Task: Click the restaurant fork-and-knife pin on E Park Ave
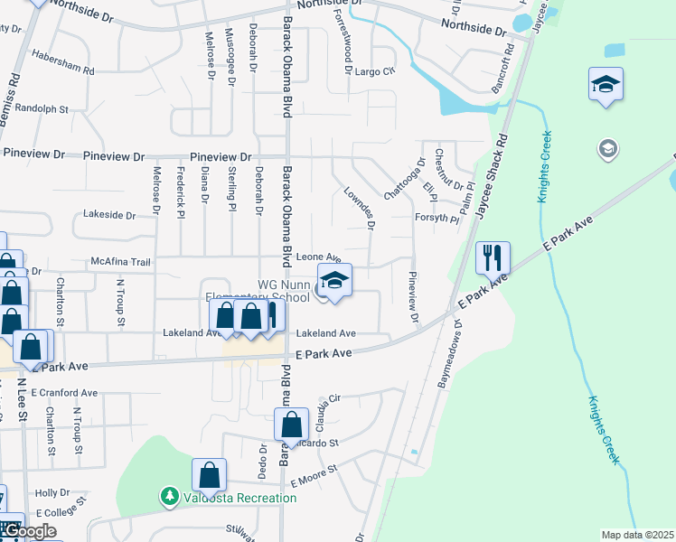coord(493,257)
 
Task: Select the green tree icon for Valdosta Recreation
coord(168,497)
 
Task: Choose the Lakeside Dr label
coord(108,216)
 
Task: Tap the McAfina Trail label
coord(120,262)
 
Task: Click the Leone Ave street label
coord(318,257)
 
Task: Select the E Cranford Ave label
coord(63,393)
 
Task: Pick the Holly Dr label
coord(52,493)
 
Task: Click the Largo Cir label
coord(375,71)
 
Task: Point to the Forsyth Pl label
coord(438,218)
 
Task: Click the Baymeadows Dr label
coord(450,353)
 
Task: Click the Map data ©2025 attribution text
coord(638,535)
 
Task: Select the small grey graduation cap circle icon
coord(607,147)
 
